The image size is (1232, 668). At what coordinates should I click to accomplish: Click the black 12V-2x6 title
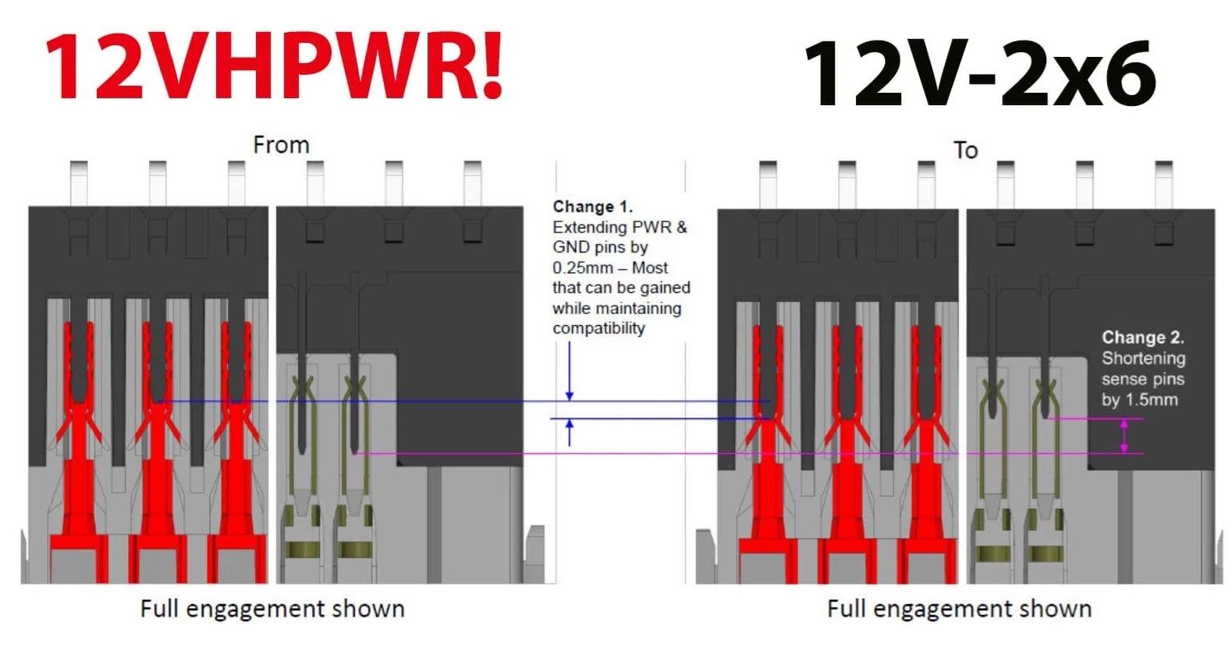point(979,74)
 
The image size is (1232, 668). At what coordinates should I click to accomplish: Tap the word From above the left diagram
point(281,145)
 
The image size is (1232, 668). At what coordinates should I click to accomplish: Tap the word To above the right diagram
point(965,150)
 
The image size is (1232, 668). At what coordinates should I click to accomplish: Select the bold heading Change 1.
point(592,207)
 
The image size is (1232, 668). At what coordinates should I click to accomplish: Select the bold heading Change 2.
point(1142,338)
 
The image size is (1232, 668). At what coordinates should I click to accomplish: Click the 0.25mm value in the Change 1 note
point(582,268)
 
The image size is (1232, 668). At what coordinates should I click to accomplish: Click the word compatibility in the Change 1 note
point(598,328)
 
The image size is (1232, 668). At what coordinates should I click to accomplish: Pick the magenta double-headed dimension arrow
point(1124,436)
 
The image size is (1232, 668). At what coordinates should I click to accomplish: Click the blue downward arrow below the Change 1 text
point(570,374)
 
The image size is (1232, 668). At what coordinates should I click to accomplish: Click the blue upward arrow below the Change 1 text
point(570,432)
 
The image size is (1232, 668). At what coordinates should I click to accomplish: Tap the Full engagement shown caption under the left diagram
point(272,609)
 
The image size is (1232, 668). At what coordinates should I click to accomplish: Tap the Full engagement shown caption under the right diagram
point(959,609)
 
